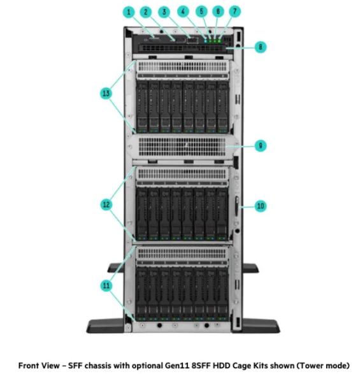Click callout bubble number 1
point(129,12)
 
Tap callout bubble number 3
point(164,12)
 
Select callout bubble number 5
point(201,11)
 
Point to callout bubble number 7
point(234,11)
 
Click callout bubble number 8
point(261,47)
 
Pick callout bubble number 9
point(261,145)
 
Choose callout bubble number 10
point(261,206)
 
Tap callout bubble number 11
point(106,285)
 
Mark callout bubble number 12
point(106,205)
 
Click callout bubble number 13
point(106,93)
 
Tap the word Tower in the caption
point(312,366)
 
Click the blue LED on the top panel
point(205,41)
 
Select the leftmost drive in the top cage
point(142,107)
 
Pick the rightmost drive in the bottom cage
point(222,294)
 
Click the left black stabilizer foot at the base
point(105,326)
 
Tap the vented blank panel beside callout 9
point(182,147)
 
